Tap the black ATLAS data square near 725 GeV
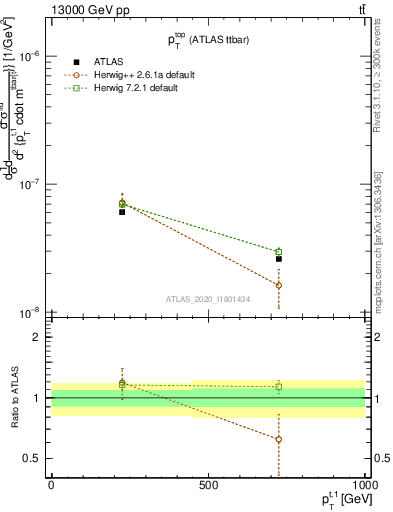click(x=279, y=259)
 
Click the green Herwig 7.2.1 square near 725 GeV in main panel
click(x=279, y=252)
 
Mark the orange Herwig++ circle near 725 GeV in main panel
click(x=279, y=285)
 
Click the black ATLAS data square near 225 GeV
click(x=122, y=212)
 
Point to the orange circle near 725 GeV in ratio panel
click(x=279, y=439)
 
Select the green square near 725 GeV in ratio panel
click(x=279, y=386)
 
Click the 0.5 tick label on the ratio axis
click(x=34, y=458)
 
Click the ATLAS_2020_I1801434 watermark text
click(x=209, y=299)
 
